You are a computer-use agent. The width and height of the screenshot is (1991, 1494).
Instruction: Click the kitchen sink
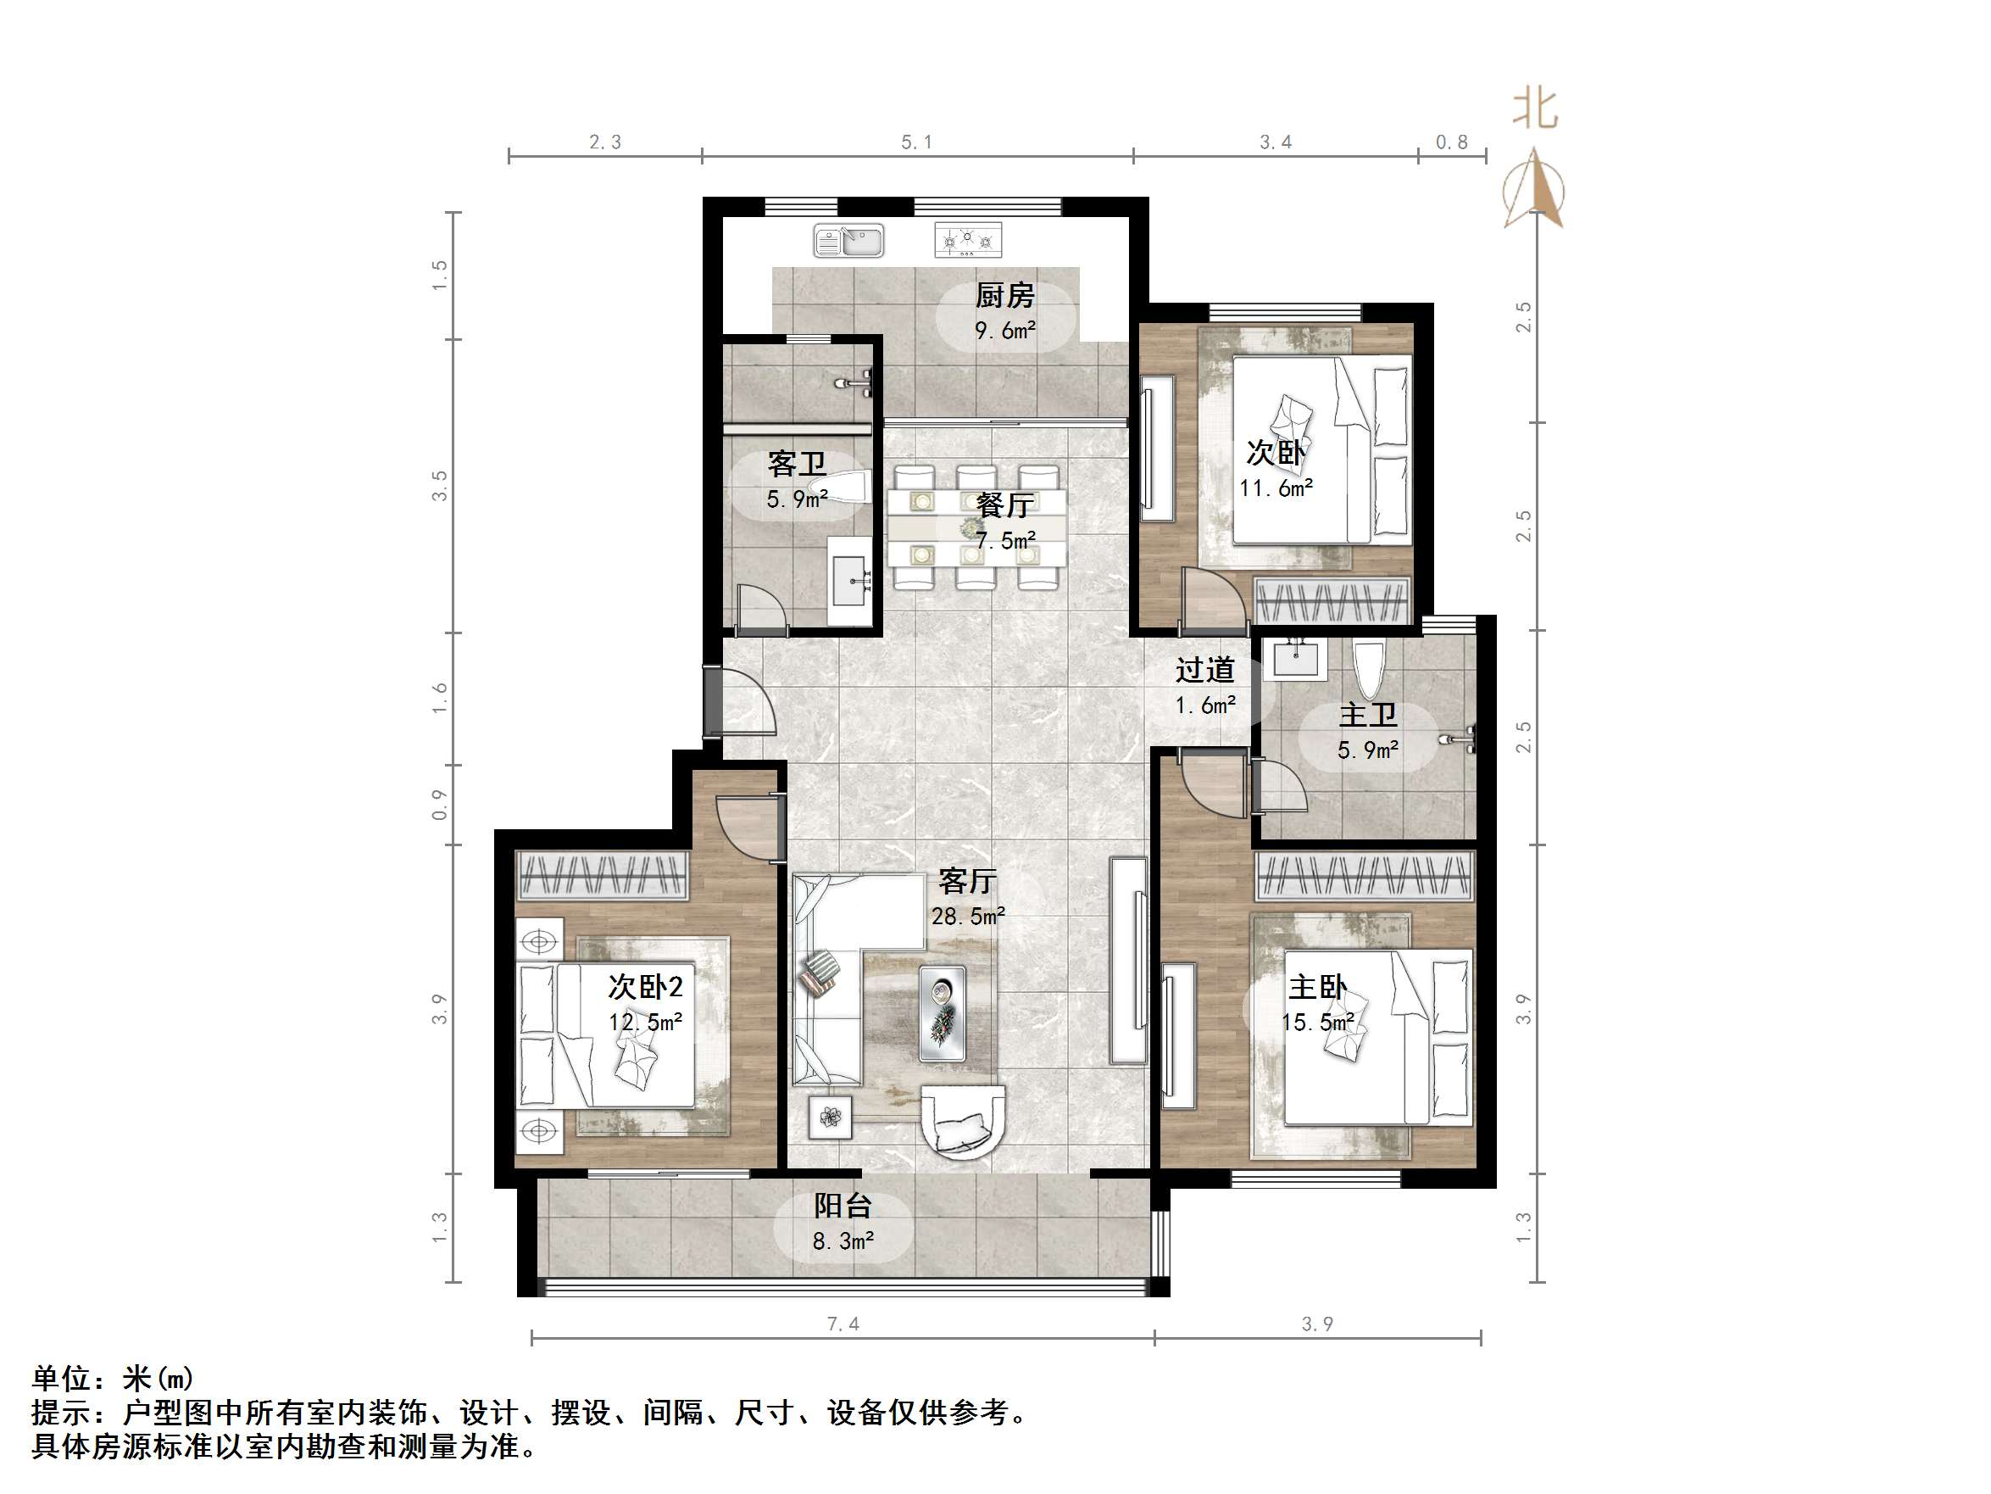848,242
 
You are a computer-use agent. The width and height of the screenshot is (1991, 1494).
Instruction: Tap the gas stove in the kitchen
968,240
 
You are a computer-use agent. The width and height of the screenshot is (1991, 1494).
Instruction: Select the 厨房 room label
1004,295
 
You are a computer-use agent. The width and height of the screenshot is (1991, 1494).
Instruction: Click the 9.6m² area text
1004,331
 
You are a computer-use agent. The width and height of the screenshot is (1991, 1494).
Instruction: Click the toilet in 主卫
1367,670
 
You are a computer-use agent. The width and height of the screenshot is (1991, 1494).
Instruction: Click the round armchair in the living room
962,1120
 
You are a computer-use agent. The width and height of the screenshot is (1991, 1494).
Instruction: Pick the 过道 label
1204,670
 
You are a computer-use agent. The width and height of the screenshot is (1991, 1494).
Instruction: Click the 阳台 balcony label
843,1206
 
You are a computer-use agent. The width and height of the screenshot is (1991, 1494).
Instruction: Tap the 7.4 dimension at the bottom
843,1324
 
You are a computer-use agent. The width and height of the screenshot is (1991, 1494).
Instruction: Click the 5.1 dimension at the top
916,142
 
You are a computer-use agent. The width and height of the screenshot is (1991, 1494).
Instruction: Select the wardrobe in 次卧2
601,874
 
